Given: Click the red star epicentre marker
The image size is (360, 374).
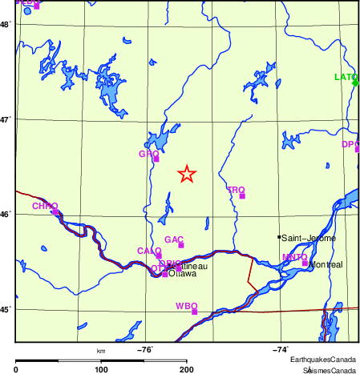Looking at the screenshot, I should coord(186,174).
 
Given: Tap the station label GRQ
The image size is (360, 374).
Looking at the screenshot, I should coord(148,153).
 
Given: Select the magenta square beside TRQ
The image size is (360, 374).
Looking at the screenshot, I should coord(242,195).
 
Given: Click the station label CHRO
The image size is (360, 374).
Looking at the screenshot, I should coord(44,206).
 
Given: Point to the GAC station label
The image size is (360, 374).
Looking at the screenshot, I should coord(174,239).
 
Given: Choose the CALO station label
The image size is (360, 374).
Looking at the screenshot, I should coord(149,251).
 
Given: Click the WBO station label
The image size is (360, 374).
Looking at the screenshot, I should coord(185,306).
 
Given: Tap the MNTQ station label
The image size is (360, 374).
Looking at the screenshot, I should coord(294,257).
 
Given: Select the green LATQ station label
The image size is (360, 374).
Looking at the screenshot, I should coord(345,77).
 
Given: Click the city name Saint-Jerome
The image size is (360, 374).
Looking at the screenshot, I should coord(309,238).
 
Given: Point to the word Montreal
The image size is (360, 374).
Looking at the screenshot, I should coord(326,264).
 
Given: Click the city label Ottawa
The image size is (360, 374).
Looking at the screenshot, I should coord(182,273).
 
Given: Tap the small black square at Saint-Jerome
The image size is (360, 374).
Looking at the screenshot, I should coord(279,237).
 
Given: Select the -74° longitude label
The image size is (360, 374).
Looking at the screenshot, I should coord(281,349).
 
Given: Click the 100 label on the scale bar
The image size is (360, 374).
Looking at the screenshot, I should coord(101,368).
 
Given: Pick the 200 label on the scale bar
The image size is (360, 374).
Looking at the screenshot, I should coord(186,368).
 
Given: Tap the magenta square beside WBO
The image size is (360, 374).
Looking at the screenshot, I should coord(194,312).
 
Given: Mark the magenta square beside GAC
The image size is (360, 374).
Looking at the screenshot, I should coord(181,245).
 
